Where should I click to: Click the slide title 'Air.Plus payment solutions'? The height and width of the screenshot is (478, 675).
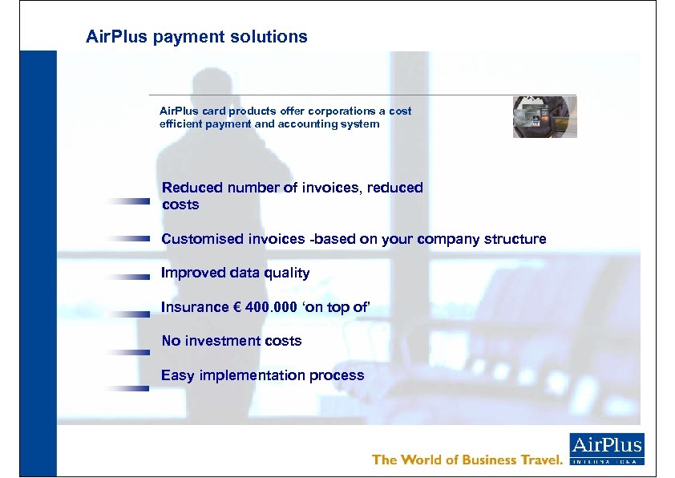tap(196, 37)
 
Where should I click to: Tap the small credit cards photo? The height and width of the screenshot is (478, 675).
tap(544, 117)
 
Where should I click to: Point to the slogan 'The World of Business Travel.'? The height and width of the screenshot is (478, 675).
tap(467, 460)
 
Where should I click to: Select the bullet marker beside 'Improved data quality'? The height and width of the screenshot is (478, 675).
tap(127, 276)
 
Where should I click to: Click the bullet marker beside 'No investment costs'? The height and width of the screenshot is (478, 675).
tap(127, 352)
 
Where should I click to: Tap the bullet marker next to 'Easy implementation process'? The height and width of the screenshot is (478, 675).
tap(127, 388)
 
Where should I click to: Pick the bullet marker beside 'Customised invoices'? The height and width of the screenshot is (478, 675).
tap(127, 238)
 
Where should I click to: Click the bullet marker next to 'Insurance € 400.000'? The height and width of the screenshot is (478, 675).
tap(127, 314)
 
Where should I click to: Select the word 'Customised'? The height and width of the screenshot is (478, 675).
tap(198, 239)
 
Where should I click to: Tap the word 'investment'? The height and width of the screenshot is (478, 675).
tap(222, 341)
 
